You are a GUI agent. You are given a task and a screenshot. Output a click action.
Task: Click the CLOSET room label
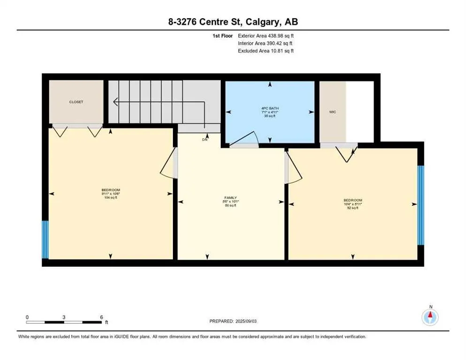click(76, 102)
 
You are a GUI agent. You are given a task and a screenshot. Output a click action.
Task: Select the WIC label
click(332, 112)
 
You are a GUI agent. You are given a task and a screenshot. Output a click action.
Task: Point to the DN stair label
click(204, 139)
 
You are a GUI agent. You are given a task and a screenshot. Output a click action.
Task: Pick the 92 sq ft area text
click(353, 208)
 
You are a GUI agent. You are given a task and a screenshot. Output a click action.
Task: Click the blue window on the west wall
click(45, 240)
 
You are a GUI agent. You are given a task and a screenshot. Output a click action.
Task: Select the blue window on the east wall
click(421, 205)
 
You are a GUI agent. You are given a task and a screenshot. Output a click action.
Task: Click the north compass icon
click(430, 317)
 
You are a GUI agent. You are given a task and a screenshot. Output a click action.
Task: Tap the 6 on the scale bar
click(101, 317)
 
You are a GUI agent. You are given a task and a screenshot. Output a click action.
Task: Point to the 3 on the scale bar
click(64, 317)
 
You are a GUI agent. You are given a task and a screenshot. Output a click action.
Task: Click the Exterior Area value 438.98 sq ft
click(277, 36)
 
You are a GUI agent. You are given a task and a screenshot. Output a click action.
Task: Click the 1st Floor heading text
click(223, 36)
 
